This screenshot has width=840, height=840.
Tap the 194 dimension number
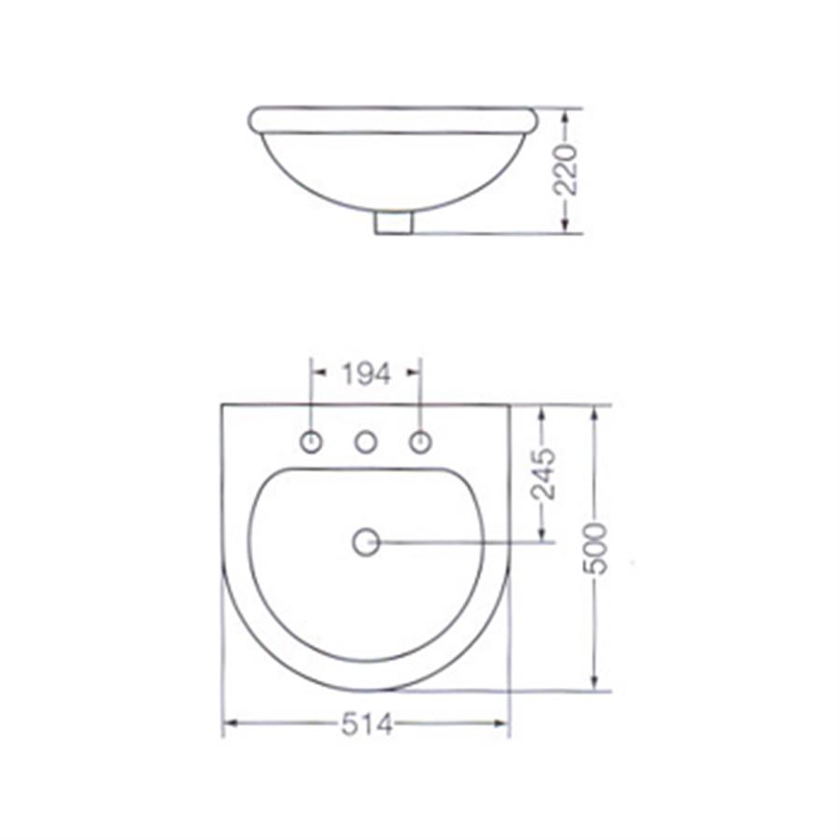click(x=367, y=374)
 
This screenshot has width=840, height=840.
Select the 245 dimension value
click(x=544, y=474)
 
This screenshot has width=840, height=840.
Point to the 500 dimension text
click(x=595, y=549)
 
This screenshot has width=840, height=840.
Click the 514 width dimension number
click(x=367, y=725)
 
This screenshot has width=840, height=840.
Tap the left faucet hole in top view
click(x=311, y=442)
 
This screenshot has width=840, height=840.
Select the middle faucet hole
click(x=366, y=442)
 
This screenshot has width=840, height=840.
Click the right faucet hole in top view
click(x=421, y=442)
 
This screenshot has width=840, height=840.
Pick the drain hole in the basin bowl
click(x=367, y=542)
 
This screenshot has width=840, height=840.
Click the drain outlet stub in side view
click(x=394, y=223)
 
